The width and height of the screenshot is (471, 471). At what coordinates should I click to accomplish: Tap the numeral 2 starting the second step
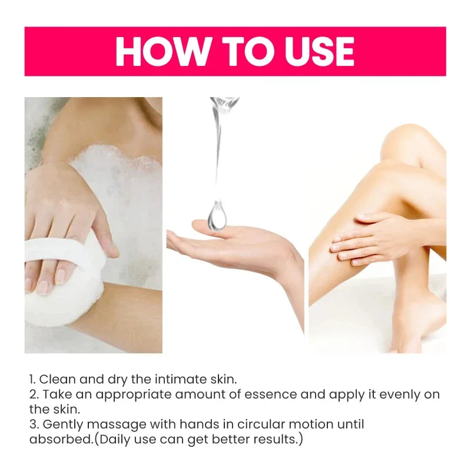tap(32, 395)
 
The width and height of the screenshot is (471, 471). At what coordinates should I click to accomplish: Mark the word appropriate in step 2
tap(143, 395)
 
